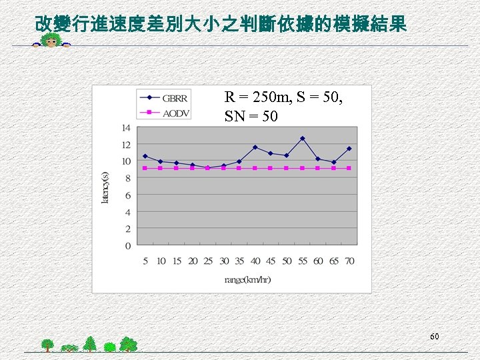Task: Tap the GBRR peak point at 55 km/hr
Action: [302, 139]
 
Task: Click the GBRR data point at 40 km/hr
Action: [255, 147]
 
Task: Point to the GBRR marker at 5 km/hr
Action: [145, 156]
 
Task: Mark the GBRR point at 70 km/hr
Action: [349, 149]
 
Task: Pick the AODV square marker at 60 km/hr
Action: [318, 168]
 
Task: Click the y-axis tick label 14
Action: [125, 127]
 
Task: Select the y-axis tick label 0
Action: [128, 246]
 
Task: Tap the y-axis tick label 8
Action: [128, 178]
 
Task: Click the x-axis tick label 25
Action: [208, 261]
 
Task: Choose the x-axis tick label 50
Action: [286, 261]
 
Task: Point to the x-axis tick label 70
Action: [349, 261]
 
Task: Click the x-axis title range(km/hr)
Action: [247, 279]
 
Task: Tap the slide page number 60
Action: [434, 337]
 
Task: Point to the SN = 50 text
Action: [251, 117]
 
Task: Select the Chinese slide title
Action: [220, 25]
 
